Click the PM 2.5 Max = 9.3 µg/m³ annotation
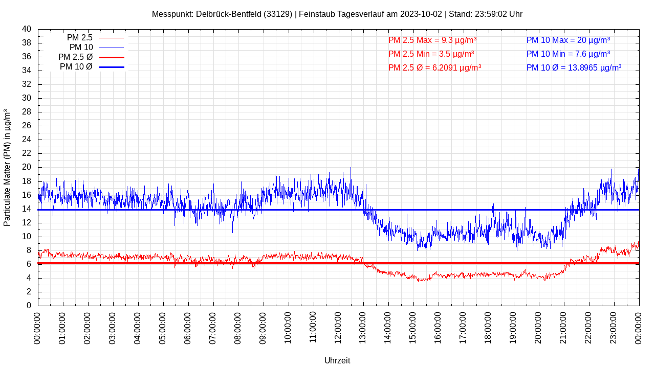pyautogui.click(x=432, y=40)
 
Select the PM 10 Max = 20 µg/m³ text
pyautogui.click(x=568, y=40)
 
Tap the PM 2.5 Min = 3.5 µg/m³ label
pyautogui.click(x=431, y=54)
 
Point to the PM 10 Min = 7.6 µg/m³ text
pyautogui.click(x=568, y=54)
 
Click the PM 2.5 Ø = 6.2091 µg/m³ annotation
pyautogui.click(x=434, y=67)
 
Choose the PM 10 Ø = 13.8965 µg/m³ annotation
pyautogui.click(x=574, y=67)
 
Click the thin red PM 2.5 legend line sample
pyautogui.click(x=112, y=38)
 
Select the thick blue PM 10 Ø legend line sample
pyautogui.click(x=112, y=67)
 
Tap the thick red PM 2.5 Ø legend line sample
pyautogui.click(x=112, y=57)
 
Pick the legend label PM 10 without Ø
pyautogui.click(x=81, y=48)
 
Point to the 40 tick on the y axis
pyautogui.click(x=27, y=29)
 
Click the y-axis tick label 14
pyautogui.click(x=27, y=209)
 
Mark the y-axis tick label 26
pyautogui.click(x=27, y=126)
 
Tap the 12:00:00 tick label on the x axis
pyautogui.click(x=338, y=327)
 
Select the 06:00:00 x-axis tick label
pyautogui.click(x=188, y=327)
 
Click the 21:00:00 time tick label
pyautogui.click(x=563, y=327)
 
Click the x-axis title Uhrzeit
pyautogui.click(x=337, y=360)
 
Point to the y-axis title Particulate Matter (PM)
pyautogui.click(x=7, y=168)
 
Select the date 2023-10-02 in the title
pyautogui.click(x=421, y=14)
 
